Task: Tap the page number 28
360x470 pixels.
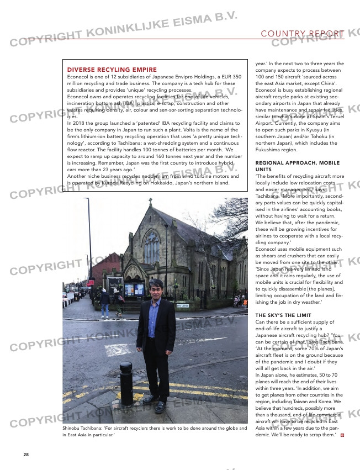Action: click(x=26, y=455)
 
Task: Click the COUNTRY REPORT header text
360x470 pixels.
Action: click(x=303, y=34)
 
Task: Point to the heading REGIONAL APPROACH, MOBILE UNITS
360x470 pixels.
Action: click(x=298, y=166)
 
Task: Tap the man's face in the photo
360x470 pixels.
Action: click(x=156, y=289)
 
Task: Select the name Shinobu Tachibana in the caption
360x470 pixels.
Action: click(x=81, y=428)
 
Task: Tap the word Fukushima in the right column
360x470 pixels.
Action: click(x=269, y=150)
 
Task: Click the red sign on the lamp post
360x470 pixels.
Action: click(x=91, y=283)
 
